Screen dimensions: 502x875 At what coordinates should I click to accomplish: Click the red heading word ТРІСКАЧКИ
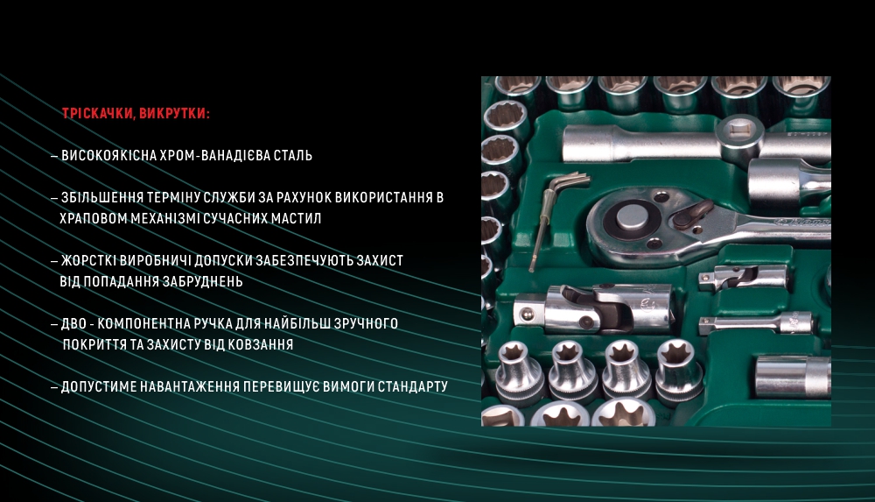pos(96,114)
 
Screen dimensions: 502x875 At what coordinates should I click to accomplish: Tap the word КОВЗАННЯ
pos(256,345)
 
